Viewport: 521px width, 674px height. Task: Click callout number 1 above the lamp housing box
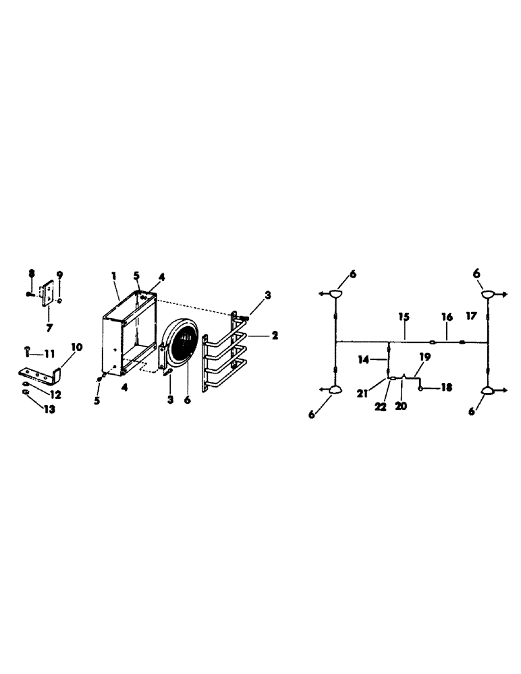pos(114,276)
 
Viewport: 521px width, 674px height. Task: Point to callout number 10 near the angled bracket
pos(76,347)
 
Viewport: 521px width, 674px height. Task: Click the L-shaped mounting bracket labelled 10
pos(40,372)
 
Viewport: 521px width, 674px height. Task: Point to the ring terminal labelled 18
pos(421,388)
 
